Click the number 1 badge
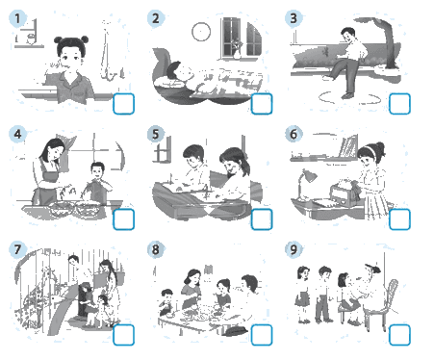[x=17, y=18]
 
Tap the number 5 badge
[x=156, y=134]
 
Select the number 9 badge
[x=294, y=249]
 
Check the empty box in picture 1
[x=123, y=104]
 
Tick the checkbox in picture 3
[x=399, y=104]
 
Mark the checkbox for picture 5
[x=262, y=219]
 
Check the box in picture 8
[x=262, y=335]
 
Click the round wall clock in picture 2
[x=201, y=32]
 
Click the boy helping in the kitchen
[x=97, y=183]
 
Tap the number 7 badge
[x=17, y=249]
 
